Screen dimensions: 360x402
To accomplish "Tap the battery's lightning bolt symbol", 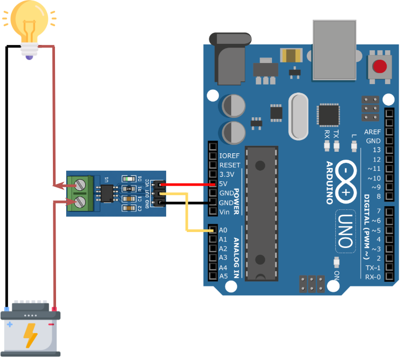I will (x=30, y=335).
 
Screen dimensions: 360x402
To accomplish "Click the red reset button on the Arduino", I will (x=379, y=67).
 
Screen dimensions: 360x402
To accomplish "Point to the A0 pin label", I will (x=223, y=230).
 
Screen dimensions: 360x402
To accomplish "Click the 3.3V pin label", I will (x=226, y=174).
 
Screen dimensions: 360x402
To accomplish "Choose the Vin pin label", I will (x=224, y=212).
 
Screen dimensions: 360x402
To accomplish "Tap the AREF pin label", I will (x=372, y=132).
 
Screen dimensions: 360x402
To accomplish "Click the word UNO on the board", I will (x=344, y=230).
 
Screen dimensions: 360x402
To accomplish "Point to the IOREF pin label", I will (x=230, y=156).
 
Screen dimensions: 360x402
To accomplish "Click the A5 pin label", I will (x=223, y=276).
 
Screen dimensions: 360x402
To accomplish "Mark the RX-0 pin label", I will (x=373, y=276).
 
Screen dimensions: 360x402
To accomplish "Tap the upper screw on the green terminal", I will (x=80, y=184).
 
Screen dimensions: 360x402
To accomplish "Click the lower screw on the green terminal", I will (x=80, y=201).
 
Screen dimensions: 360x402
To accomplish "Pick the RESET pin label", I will (x=230, y=165).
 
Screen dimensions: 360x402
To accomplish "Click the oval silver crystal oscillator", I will (x=298, y=116).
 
